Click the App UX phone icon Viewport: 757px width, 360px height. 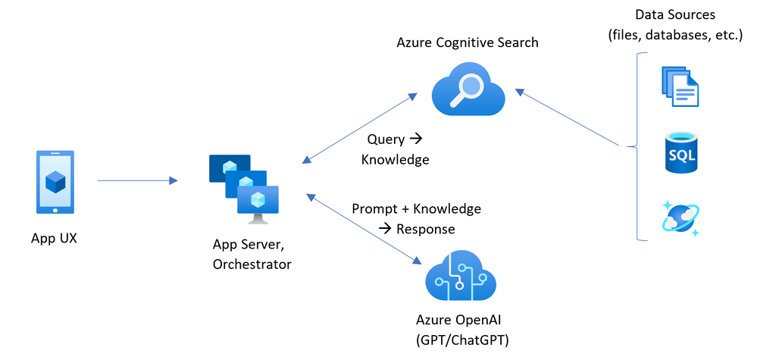tap(55, 182)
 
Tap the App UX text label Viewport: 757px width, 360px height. tap(55, 238)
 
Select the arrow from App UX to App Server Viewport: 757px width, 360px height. tap(137, 180)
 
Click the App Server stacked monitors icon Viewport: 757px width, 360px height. tap(243, 189)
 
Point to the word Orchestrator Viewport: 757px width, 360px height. tap(252, 264)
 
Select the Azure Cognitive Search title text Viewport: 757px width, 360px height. tap(468, 42)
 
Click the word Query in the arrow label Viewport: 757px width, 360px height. tap(386, 139)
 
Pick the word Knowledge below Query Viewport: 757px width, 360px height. tap(395, 160)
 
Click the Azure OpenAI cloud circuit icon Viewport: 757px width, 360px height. tap(461, 277)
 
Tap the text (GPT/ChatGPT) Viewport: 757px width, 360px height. tap(462, 340)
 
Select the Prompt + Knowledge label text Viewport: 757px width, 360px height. tap(416, 208)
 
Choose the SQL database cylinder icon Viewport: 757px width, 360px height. tap(681, 152)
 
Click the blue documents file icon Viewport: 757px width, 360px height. tap(680, 86)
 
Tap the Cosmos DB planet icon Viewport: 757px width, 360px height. tap(680, 218)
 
